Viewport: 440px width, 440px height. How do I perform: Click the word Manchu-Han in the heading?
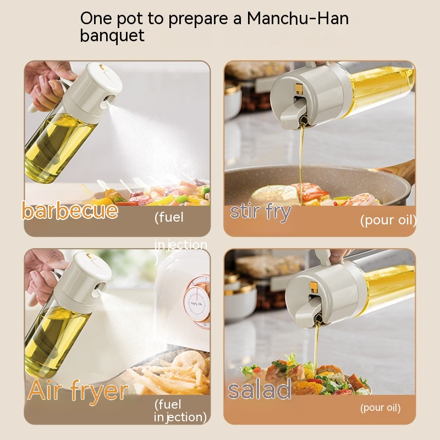click(x=298, y=19)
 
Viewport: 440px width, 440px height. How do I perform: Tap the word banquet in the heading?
click(x=112, y=36)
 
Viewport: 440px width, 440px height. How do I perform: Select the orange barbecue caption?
click(x=70, y=211)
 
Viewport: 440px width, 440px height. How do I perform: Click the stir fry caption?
click(x=260, y=212)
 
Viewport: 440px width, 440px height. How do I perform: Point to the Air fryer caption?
click(x=78, y=391)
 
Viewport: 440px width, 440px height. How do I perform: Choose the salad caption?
click(x=260, y=389)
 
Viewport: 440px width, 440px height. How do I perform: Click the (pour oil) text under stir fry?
click(x=388, y=220)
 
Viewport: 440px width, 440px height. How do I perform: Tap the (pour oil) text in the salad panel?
click(x=380, y=408)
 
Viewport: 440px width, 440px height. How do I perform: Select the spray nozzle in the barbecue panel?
click(x=108, y=101)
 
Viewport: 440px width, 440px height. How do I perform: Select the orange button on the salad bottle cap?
click(x=313, y=287)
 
